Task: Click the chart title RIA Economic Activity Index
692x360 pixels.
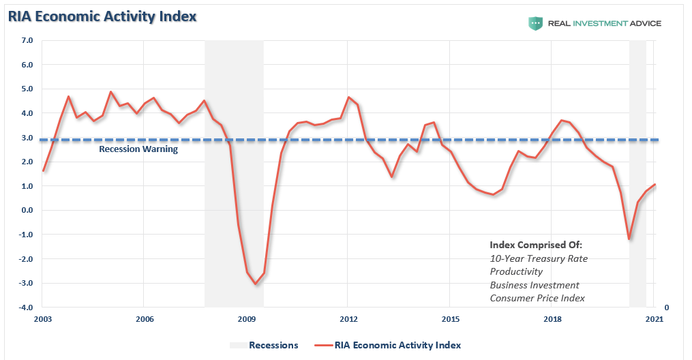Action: (x=102, y=16)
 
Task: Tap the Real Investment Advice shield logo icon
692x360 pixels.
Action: (x=535, y=23)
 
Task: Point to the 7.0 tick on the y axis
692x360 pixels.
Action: (x=27, y=41)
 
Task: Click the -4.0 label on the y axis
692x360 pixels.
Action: (x=26, y=307)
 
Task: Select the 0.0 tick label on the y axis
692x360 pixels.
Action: (x=27, y=211)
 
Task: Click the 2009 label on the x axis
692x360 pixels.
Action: (x=247, y=319)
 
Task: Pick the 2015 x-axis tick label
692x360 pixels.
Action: (x=451, y=319)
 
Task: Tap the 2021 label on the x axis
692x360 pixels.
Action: (x=655, y=319)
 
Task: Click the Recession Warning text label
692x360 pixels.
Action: (x=138, y=149)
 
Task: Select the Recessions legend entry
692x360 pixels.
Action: (x=264, y=345)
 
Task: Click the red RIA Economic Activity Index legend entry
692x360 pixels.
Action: (x=388, y=345)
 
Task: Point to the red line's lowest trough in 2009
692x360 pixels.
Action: (x=255, y=284)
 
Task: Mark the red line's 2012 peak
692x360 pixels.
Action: (x=348, y=97)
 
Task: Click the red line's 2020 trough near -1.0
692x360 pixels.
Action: (x=629, y=239)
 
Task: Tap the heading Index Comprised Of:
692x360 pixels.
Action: (x=536, y=245)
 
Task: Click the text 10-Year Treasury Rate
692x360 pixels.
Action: (x=539, y=258)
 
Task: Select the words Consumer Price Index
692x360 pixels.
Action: (x=537, y=298)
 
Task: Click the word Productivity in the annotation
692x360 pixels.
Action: (x=516, y=272)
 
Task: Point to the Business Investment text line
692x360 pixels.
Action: (x=535, y=285)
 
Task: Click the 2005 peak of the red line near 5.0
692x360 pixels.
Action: (x=110, y=92)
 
